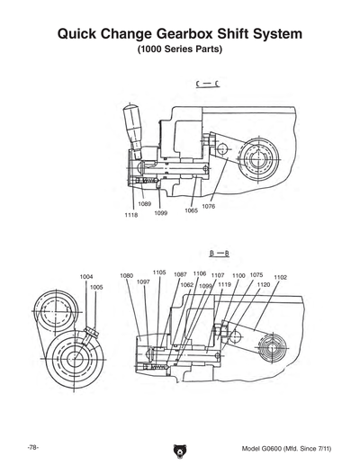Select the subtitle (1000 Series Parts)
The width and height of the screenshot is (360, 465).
tap(180, 50)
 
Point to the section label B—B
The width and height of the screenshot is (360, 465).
tap(218, 255)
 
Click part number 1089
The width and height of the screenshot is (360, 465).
tap(144, 205)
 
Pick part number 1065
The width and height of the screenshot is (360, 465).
tap(191, 210)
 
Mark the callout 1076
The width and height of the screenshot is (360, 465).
tap(208, 206)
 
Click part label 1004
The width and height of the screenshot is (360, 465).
tap(86, 276)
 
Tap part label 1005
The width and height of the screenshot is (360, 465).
tap(96, 287)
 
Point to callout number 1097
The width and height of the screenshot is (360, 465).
tap(142, 282)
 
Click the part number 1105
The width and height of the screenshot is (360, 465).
tap(158, 272)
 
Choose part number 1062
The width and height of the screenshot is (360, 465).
tap(186, 284)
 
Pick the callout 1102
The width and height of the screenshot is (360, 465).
tap(280, 277)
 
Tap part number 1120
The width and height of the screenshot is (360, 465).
tap(263, 284)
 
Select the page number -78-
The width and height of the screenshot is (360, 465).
tap(31, 448)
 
